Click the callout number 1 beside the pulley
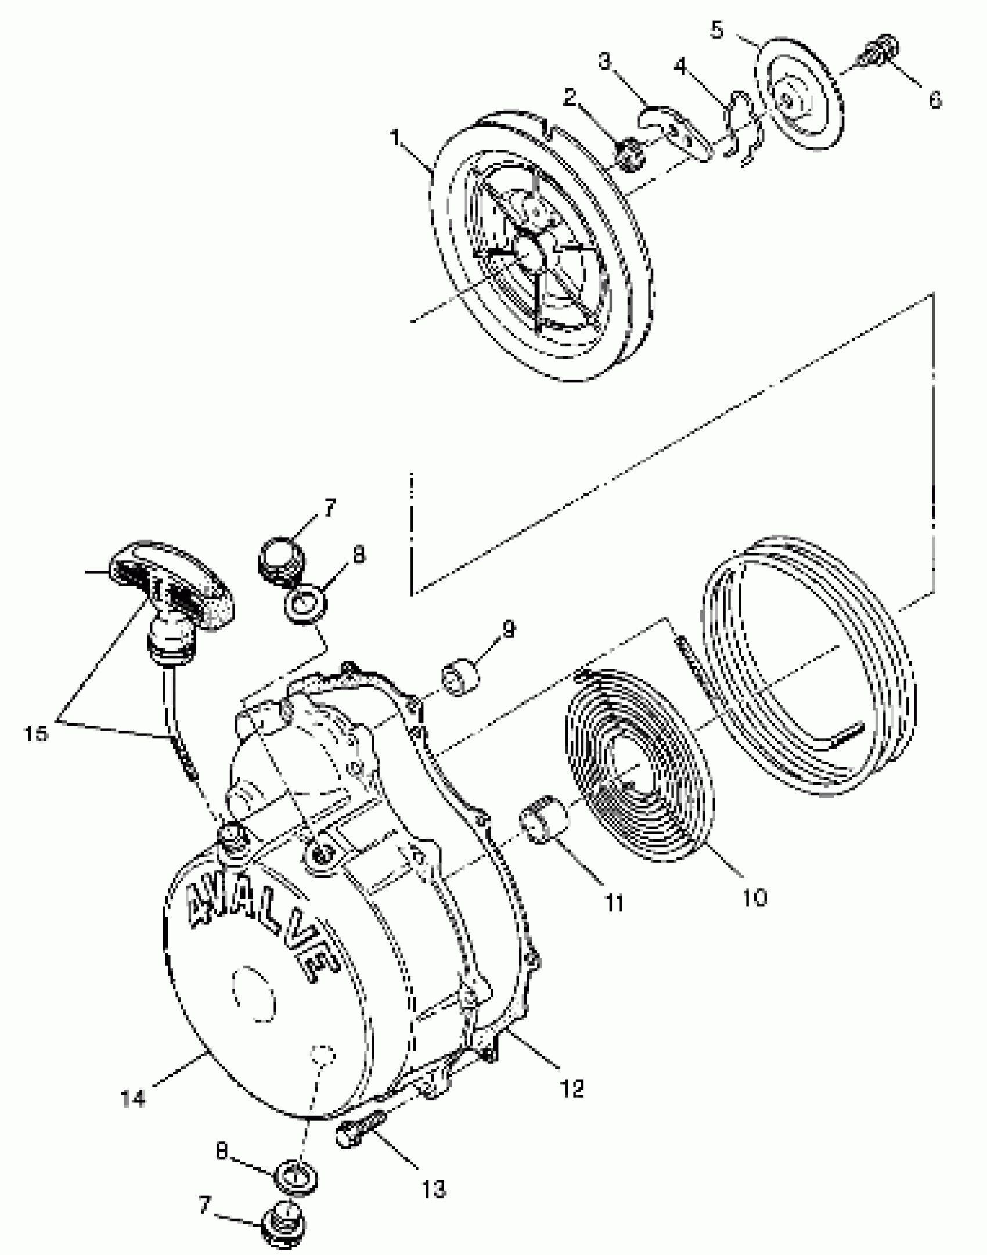397,139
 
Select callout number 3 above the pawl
606,61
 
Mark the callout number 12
572,1088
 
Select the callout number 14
134,1098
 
